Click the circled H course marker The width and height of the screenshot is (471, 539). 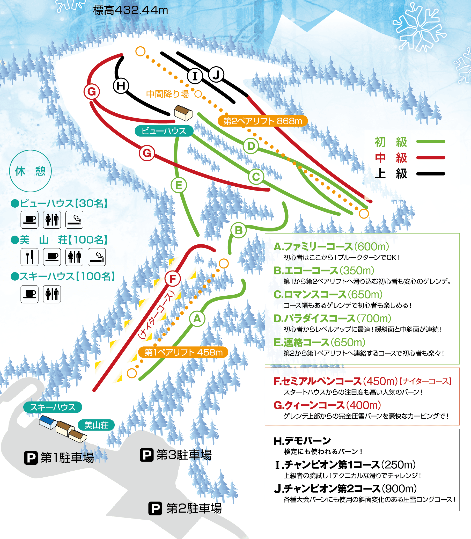[121, 86]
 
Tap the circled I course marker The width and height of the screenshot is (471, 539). [195, 76]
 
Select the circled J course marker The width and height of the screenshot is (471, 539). [216, 75]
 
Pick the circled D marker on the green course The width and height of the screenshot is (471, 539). [251, 146]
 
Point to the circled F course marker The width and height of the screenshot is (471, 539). [173, 279]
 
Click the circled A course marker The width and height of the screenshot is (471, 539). [197, 319]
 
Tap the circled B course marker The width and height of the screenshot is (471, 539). [238, 230]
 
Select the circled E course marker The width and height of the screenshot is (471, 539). [179, 185]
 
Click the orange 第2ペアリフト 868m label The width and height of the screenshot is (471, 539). [263, 121]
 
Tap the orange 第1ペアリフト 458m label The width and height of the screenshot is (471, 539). [183, 352]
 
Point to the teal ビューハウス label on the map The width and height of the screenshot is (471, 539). [164, 131]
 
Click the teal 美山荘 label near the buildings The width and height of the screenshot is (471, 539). [96, 425]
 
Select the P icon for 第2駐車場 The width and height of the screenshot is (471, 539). [155, 508]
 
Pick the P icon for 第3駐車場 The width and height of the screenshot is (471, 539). [147, 455]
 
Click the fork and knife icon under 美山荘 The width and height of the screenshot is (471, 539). [30, 257]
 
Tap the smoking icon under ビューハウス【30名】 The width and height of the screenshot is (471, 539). [74, 220]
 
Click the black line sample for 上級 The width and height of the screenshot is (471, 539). [431, 174]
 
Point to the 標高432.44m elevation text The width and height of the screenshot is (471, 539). [130, 10]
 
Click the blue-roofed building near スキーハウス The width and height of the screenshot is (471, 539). [48, 422]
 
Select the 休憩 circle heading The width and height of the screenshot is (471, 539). [31, 171]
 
